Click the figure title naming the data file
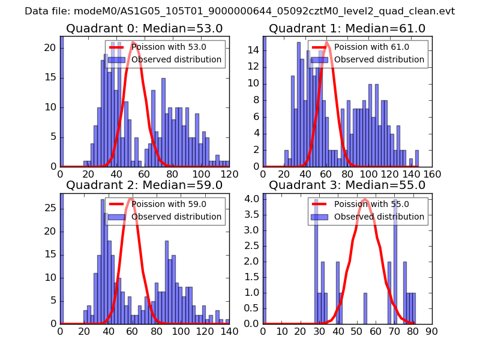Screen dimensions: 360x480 point(240,11)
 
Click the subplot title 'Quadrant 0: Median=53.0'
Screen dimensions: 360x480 point(144,29)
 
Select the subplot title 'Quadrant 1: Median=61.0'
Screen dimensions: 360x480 point(347,29)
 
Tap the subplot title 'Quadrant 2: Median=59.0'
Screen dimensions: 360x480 point(144,185)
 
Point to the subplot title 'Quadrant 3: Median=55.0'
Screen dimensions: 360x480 point(347,185)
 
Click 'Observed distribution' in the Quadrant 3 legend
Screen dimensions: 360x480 point(379,217)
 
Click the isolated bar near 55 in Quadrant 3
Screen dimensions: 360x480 point(365,308)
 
